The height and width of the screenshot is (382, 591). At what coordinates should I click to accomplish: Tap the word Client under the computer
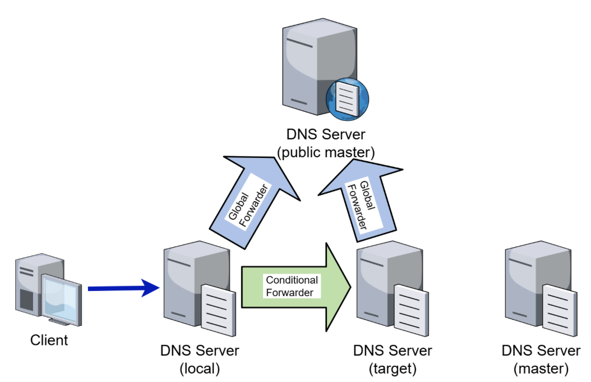[49, 340]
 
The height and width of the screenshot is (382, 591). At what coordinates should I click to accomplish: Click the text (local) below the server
[200, 369]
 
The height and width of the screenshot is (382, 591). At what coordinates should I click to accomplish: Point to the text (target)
[393, 369]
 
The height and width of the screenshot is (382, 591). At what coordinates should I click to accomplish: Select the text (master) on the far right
[541, 369]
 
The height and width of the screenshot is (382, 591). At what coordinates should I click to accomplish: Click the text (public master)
[326, 152]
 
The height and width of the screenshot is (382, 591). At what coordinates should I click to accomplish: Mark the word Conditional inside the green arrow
[292, 280]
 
